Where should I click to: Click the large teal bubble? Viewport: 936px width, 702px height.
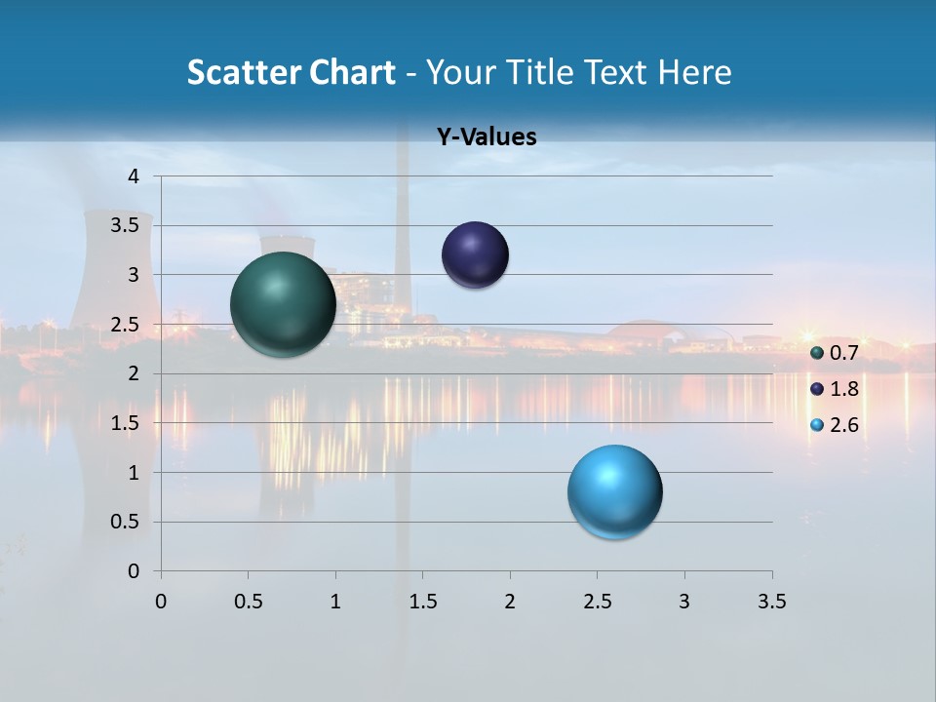(x=283, y=304)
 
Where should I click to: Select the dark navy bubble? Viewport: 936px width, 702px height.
(x=475, y=255)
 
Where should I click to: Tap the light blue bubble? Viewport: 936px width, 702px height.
(x=614, y=491)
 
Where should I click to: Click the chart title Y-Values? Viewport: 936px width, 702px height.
(x=487, y=137)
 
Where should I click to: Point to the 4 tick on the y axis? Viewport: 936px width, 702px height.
(x=134, y=176)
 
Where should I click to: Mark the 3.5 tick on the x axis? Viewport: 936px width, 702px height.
(x=771, y=602)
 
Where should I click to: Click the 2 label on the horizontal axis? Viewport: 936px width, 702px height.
(x=510, y=602)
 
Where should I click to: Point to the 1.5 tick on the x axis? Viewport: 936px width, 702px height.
(x=422, y=602)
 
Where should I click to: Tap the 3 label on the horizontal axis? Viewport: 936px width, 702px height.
(x=684, y=602)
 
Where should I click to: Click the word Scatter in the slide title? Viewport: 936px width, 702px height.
(x=243, y=72)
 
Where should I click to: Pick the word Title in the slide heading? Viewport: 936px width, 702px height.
(x=546, y=72)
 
